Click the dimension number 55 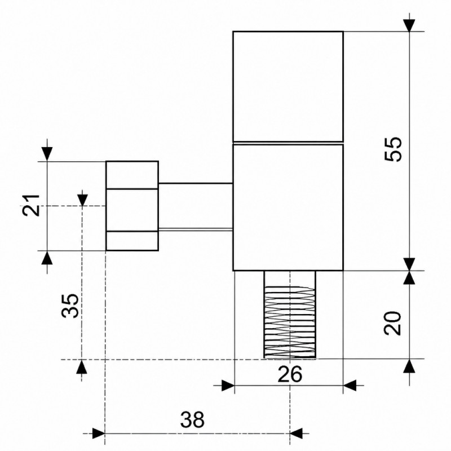393,149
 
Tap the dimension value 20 393,322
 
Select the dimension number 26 290,374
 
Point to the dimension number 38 192,419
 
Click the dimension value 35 70,306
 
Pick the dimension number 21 31,205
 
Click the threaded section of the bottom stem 290,322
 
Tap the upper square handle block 288,86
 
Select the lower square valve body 288,207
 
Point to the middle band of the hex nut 132,210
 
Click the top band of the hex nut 132,175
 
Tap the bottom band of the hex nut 132,241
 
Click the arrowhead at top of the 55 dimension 409,25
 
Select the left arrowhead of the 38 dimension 99,433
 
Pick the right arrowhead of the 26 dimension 350,386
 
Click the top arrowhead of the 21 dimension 47,154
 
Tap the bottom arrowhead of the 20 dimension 409,365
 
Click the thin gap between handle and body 288,143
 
